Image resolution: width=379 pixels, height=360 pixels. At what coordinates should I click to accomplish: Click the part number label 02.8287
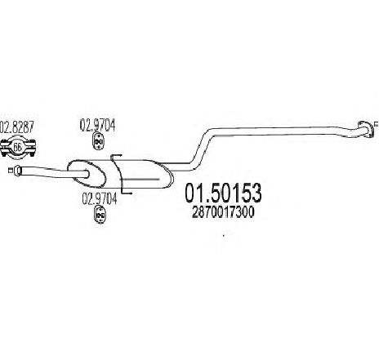point(17,127)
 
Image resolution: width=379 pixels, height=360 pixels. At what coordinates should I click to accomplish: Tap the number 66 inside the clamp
point(17,148)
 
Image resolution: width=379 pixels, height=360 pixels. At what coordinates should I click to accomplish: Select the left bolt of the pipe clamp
point(4,148)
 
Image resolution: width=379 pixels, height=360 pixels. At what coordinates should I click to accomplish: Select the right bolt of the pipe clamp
point(33,148)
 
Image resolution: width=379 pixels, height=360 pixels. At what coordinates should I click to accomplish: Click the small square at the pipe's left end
point(11,171)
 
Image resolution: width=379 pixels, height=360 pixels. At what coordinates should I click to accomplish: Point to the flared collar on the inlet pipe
point(17,171)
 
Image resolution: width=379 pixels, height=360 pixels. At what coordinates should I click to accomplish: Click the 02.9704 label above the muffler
point(97,126)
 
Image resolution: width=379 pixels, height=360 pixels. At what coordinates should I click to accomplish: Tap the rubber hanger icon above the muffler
point(98,141)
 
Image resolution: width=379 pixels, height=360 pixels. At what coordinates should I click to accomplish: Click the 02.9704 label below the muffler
point(100,198)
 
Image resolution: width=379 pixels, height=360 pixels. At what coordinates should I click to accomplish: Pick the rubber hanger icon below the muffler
point(100,215)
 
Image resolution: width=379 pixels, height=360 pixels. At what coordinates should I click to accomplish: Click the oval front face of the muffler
point(86,174)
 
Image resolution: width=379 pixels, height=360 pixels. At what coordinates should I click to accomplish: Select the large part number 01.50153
point(223,193)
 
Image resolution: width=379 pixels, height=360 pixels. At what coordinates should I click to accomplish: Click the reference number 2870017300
point(223,212)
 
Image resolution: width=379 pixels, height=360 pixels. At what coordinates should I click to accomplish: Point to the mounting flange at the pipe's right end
point(365,129)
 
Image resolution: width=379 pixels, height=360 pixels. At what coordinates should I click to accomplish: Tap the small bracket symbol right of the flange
point(377,124)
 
